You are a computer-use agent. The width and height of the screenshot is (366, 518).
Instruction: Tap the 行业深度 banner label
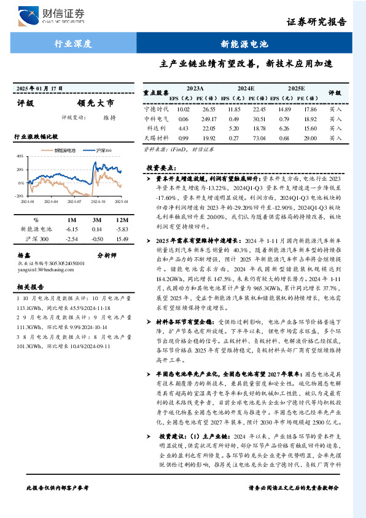72,44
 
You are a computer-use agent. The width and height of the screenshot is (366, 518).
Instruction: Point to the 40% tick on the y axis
20,156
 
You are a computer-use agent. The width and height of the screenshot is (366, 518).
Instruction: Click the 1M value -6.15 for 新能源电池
72,229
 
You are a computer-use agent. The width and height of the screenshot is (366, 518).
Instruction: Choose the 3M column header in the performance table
96,220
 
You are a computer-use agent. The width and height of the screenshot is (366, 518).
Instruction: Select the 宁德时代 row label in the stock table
155,109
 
